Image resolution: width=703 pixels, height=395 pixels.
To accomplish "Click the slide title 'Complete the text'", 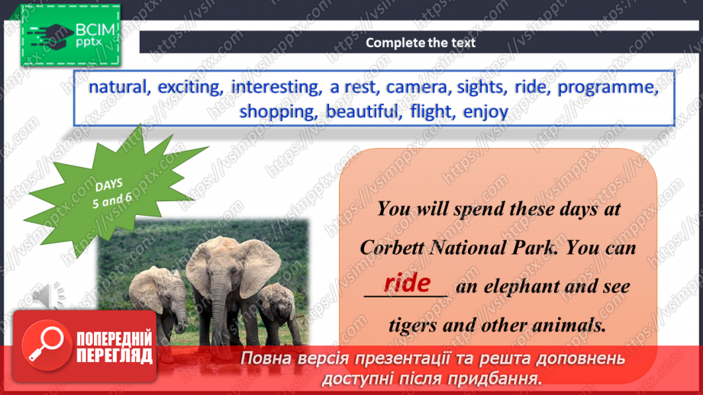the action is click(421, 43).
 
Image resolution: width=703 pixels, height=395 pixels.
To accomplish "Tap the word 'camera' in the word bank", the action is click(418, 87).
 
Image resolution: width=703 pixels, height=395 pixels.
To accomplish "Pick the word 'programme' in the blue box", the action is click(608, 88).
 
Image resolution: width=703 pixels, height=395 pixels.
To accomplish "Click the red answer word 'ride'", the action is click(407, 283).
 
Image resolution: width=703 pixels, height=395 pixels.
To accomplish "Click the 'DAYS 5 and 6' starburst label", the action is click(111, 193).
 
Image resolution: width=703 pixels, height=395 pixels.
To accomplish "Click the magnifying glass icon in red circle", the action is click(47, 345).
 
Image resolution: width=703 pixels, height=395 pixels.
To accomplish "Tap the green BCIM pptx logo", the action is click(70, 35).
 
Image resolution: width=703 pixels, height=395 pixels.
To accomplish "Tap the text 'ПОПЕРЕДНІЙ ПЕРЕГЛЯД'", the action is click(114, 347).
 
